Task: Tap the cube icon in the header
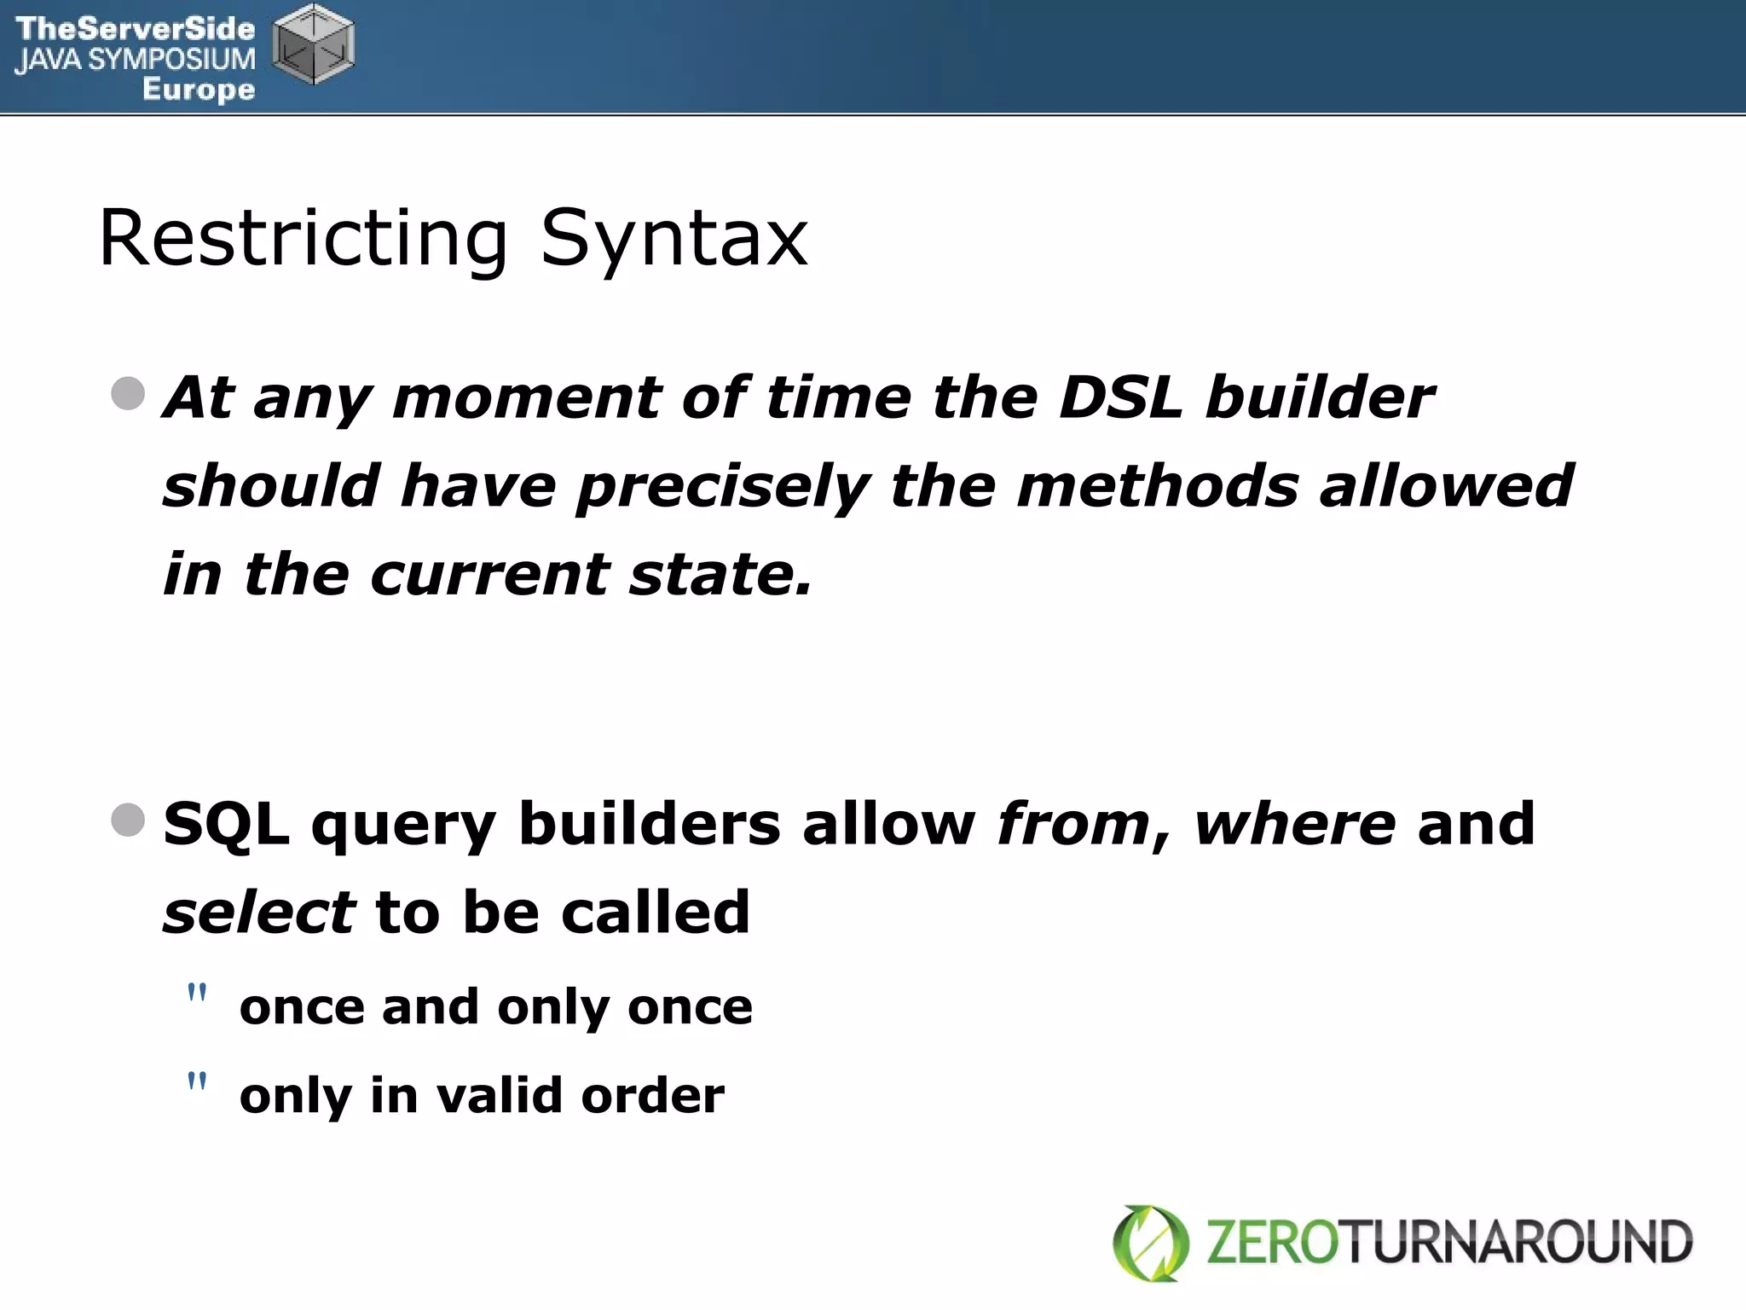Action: pyautogui.click(x=313, y=44)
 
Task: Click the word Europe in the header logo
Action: pyautogui.click(x=198, y=89)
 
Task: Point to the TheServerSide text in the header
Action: pyautogui.click(x=136, y=28)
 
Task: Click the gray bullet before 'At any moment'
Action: pyautogui.click(x=128, y=394)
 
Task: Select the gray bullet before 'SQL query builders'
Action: pyautogui.click(x=128, y=820)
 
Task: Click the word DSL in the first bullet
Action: pyautogui.click(x=1119, y=397)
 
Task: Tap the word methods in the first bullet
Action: pyautogui.click(x=1157, y=486)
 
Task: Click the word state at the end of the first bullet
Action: pyautogui.click(x=720, y=574)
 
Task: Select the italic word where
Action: pyautogui.click(x=1294, y=824)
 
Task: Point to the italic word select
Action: pyautogui.click(x=258, y=912)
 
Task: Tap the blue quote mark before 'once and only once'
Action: pyautogui.click(x=197, y=993)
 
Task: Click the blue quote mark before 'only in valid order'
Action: pyautogui.click(x=197, y=1081)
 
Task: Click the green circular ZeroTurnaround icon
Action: pyautogui.click(x=1150, y=1243)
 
